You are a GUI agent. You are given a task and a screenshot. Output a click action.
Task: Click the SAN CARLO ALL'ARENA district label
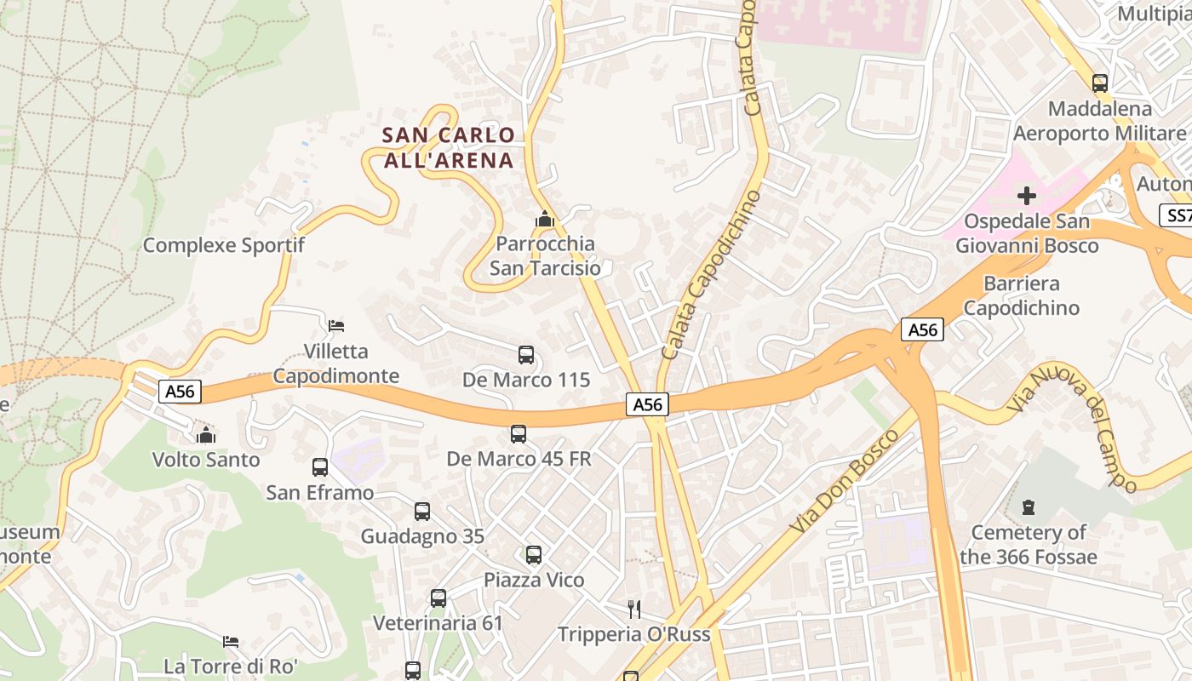point(449,147)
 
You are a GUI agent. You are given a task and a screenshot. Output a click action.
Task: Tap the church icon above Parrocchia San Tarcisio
point(545,220)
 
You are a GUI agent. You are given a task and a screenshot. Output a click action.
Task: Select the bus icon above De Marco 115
point(526,355)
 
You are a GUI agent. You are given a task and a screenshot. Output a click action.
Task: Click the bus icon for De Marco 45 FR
point(519,434)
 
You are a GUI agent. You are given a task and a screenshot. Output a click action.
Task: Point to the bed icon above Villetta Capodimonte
point(336,325)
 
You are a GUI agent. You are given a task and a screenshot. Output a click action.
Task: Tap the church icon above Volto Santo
point(206,435)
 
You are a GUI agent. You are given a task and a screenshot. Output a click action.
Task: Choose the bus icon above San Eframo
point(320,467)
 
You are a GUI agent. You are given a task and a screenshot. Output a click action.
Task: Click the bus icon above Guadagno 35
point(422,512)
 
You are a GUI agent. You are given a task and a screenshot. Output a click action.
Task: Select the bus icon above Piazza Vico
point(534,555)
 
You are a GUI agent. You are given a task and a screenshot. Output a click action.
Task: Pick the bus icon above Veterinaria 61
point(438,598)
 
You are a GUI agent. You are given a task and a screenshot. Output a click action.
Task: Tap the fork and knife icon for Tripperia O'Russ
point(633,609)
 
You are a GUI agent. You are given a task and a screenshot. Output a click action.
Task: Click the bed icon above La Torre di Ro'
point(231,641)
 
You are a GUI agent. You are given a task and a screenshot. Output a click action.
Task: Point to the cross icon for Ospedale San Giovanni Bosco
point(1027,197)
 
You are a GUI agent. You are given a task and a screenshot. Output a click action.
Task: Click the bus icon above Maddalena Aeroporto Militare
point(1100,83)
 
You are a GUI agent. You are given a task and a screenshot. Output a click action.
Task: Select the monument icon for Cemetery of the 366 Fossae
point(1029,508)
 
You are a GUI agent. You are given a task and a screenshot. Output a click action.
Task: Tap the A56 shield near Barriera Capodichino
point(923,329)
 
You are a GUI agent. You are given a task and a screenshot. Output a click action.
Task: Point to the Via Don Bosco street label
point(844,482)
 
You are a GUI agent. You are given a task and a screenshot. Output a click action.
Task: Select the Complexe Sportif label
point(224,245)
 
